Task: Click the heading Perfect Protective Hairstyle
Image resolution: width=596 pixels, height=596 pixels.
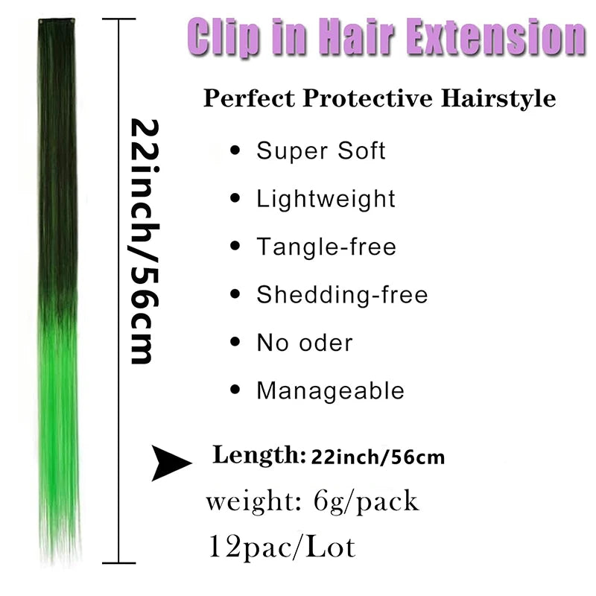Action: point(379,99)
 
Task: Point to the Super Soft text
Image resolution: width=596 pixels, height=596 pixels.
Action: point(321,150)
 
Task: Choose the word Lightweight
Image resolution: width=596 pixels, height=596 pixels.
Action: point(326,199)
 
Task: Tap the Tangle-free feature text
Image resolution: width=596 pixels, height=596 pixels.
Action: point(326,247)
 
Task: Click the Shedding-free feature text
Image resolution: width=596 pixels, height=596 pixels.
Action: point(342,295)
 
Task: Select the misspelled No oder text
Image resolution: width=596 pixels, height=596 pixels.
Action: point(305,343)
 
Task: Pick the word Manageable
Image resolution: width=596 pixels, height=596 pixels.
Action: point(330,390)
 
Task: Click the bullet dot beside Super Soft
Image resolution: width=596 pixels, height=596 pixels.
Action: point(236,151)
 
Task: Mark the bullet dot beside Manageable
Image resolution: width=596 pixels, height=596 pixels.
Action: point(236,390)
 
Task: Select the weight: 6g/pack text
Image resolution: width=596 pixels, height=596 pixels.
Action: point(312,501)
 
